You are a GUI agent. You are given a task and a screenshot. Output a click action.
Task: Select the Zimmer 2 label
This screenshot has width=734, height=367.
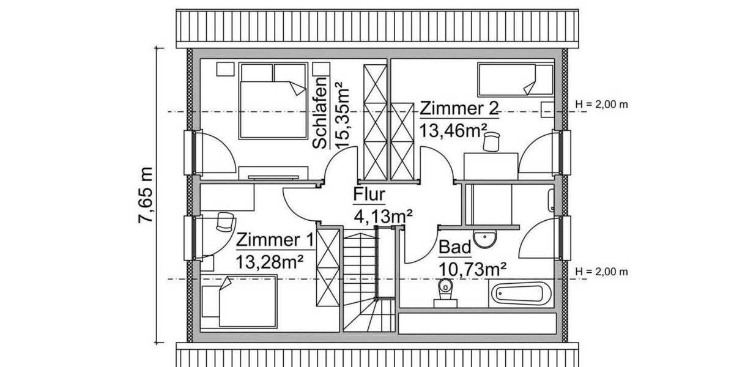[x=459, y=108]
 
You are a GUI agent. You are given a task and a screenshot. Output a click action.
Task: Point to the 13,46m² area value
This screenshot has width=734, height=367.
[x=453, y=130]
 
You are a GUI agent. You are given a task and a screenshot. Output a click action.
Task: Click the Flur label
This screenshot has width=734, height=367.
[x=368, y=195]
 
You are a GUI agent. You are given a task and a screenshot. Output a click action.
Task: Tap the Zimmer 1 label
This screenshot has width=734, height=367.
[x=275, y=239]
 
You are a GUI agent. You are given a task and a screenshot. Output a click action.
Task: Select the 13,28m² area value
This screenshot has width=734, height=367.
[x=270, y=261]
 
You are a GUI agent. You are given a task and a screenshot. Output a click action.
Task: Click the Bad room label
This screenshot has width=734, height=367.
[x=455, y=248]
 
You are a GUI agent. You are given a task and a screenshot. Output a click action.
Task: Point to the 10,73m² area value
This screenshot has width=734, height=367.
[x=472, y=268]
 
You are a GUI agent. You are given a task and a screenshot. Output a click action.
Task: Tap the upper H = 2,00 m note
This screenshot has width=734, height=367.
[x=602, y=104]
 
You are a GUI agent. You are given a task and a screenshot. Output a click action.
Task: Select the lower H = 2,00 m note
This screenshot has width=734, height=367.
[x=602, y=272]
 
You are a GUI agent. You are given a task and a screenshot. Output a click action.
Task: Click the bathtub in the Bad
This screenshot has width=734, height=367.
[x=522, y=294]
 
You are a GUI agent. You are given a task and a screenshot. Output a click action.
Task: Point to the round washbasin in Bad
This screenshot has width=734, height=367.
[x=487, y=239]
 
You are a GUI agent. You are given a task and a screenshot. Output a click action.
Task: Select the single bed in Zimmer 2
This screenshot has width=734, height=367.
[x=514, y=80]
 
